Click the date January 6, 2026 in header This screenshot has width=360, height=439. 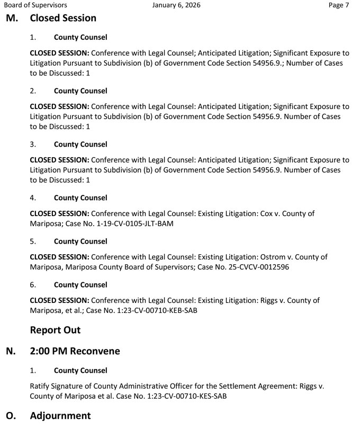point(176,5)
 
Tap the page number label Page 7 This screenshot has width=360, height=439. point(339,5)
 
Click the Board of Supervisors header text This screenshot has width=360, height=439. point(35,5)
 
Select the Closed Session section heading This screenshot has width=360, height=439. point(63,18)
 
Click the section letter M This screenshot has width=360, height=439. point(11,18)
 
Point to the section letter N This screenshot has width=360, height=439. point(11,351)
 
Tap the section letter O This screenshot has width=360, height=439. point(11,416)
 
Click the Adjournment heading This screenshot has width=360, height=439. point(60,416)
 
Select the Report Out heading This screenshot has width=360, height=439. point(55,330)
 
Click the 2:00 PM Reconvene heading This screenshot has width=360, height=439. point(75,351)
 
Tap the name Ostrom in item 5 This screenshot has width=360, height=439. point(274,257)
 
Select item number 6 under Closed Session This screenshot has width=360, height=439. point(33,285)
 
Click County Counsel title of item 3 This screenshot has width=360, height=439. point(80,145)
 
